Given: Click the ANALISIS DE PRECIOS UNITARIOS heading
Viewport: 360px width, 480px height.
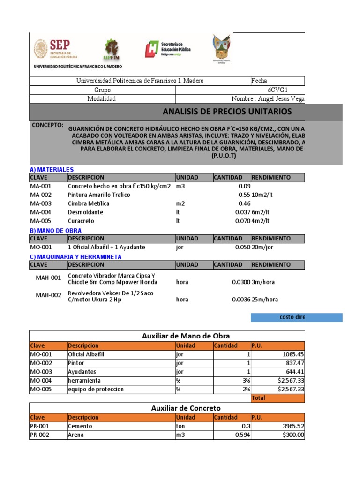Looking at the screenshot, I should pyautogui.click(x=227, y=112).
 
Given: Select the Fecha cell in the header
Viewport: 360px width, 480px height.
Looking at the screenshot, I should pyautogui.click(x=259, y=81).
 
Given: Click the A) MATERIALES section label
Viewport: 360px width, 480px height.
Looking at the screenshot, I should pyautogui.click(x=52, y=169).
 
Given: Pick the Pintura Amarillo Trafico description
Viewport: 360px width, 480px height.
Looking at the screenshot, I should pyautogui.click(x=99, y=195).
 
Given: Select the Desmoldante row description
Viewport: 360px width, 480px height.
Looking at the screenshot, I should pyautogui.click(x=85, y=212).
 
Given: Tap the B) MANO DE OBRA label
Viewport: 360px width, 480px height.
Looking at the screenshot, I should pyautogui.click(x=55, y=230).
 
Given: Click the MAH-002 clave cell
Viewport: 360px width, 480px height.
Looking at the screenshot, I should pyautogui.click(x=49, y=296).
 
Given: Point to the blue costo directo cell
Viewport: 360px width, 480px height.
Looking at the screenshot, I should pyautogui.click(x=296, y=317).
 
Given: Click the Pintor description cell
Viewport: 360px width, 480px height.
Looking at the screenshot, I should pyautogui.click(x=77, y=363).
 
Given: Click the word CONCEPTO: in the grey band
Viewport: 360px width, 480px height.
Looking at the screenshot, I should pyautogui.click(x=47, y=126).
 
